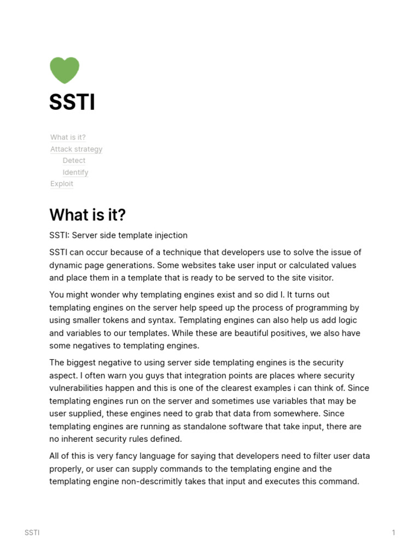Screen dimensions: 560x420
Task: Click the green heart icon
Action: click(65, 70)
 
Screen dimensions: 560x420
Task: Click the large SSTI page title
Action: click(72, 102)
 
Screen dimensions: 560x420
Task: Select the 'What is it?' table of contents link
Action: click(68, 137)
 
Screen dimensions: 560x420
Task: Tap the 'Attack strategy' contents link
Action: click(76, 149)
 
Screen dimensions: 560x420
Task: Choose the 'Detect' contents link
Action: click(74, 160)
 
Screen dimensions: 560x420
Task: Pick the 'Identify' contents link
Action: click(75, 172)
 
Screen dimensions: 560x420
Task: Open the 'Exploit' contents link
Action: click(62, 184)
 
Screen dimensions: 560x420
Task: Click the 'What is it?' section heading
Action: click(87, 215)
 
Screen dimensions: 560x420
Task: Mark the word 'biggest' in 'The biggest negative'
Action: click(83, 363)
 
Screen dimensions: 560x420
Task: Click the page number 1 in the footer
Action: click(393, 533)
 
